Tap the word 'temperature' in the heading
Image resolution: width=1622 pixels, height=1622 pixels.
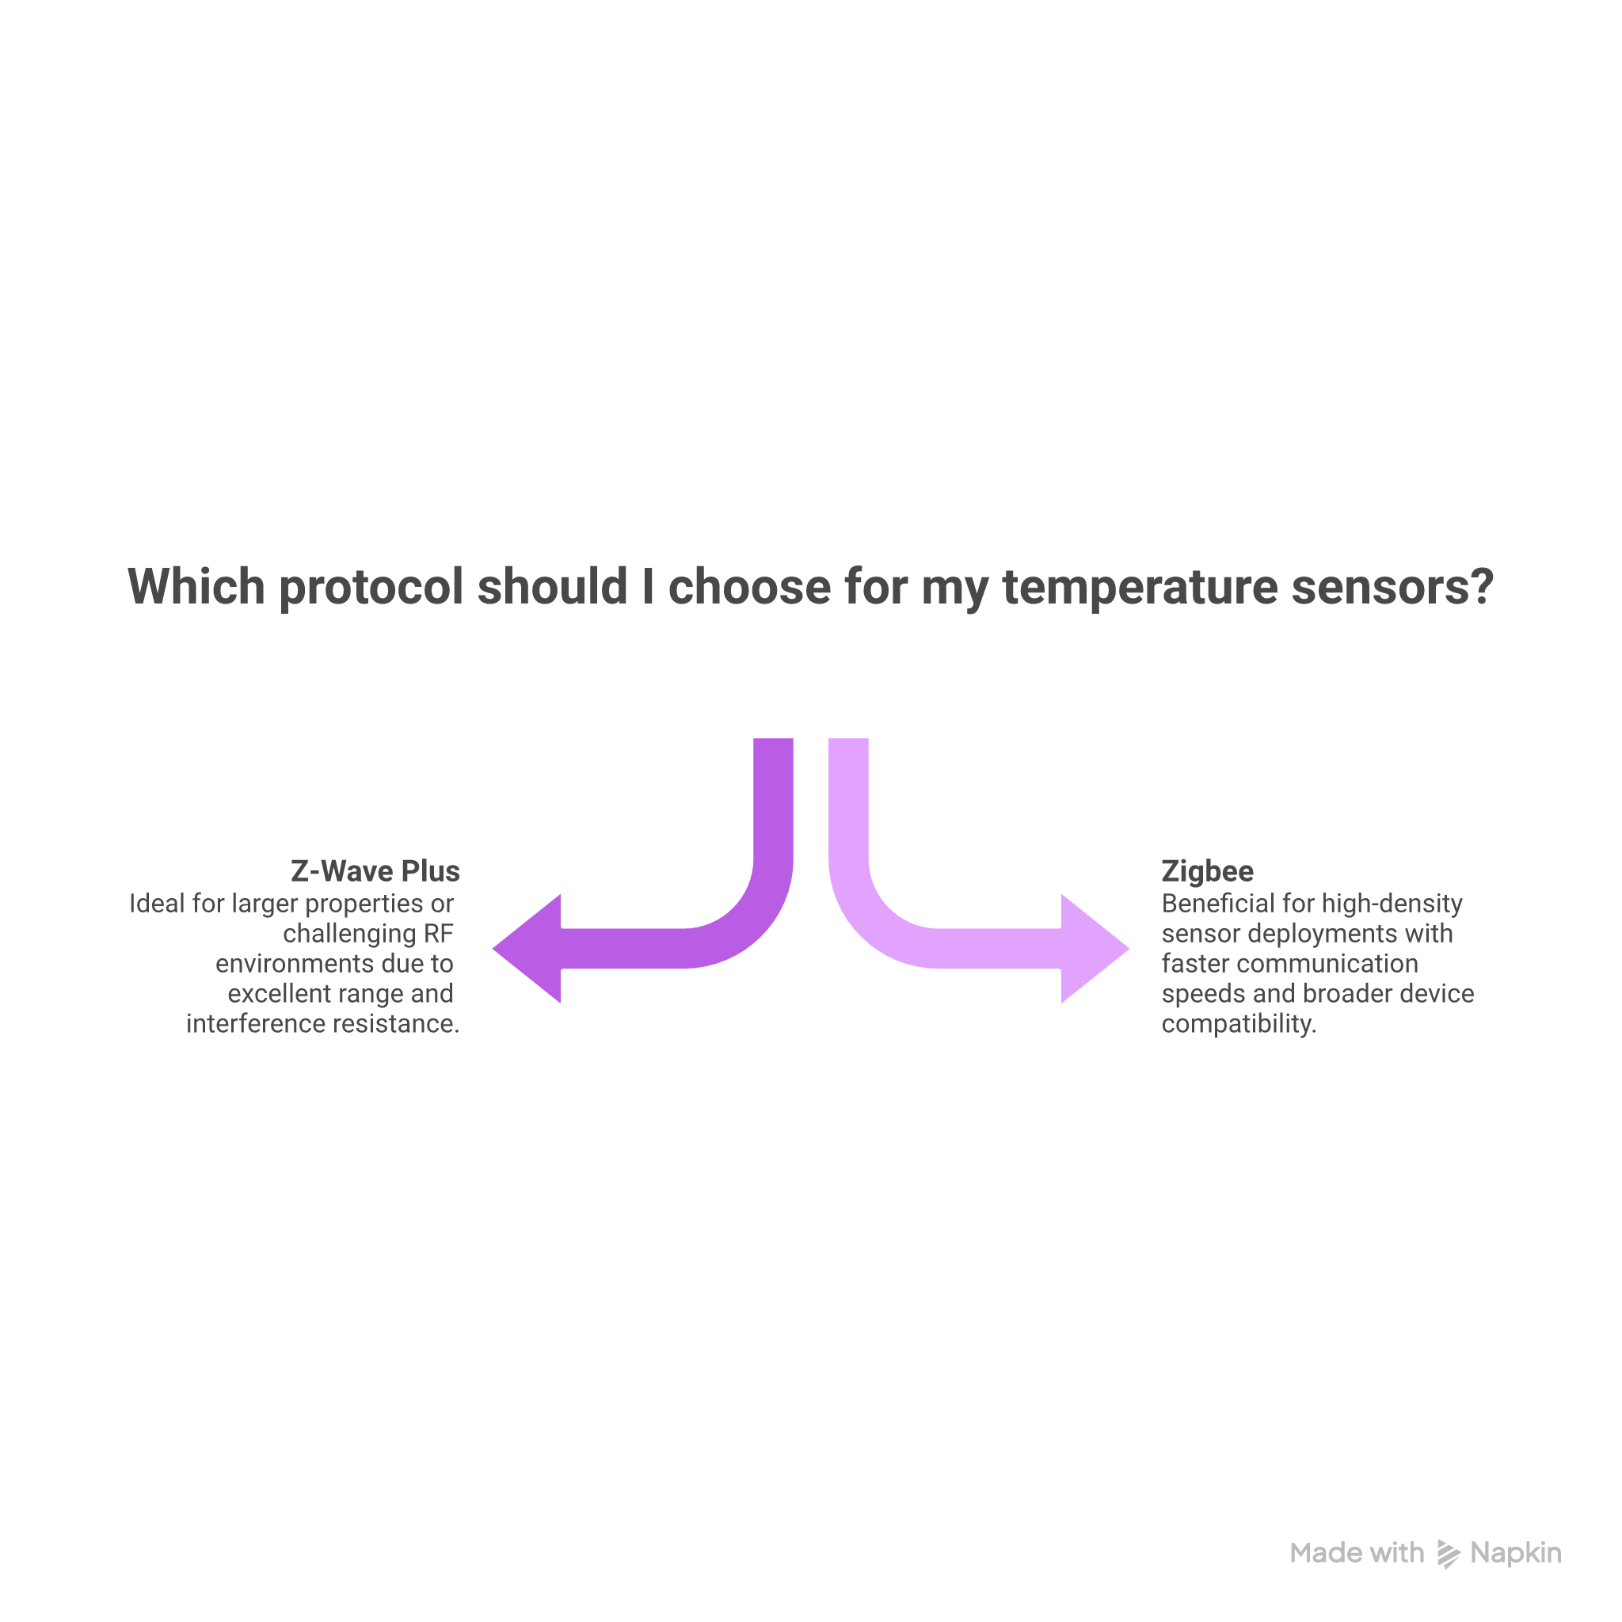pyautogui.click(x=1139, y=587)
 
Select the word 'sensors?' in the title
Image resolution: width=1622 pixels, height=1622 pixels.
pyautogui.click(x=1392, y=587)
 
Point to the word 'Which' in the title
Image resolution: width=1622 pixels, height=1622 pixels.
pyautogui.click(x=196, y=587)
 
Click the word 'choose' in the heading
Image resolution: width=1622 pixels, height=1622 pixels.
pyautogui.click(x=749, y=587)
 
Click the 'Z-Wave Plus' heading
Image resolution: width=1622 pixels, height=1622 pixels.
pyautogui.click(x=375, y=871)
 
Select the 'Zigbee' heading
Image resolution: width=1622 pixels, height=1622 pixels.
pyautogui.click(x=1207, y=871)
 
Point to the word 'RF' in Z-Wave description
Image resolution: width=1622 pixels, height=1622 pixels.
pyautogui.click(x=438, y=934)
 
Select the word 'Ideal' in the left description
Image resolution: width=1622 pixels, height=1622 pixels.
pyautogui.click(x=157, y=904)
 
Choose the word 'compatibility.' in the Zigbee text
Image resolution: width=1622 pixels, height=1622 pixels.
pyautogui.click(x=1239, y=1024)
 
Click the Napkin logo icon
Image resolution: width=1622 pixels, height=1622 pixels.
pyautogui.click(x=1449, y=1554)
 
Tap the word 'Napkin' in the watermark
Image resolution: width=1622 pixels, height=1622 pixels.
pyautogui.click(x=1515, y=1554)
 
